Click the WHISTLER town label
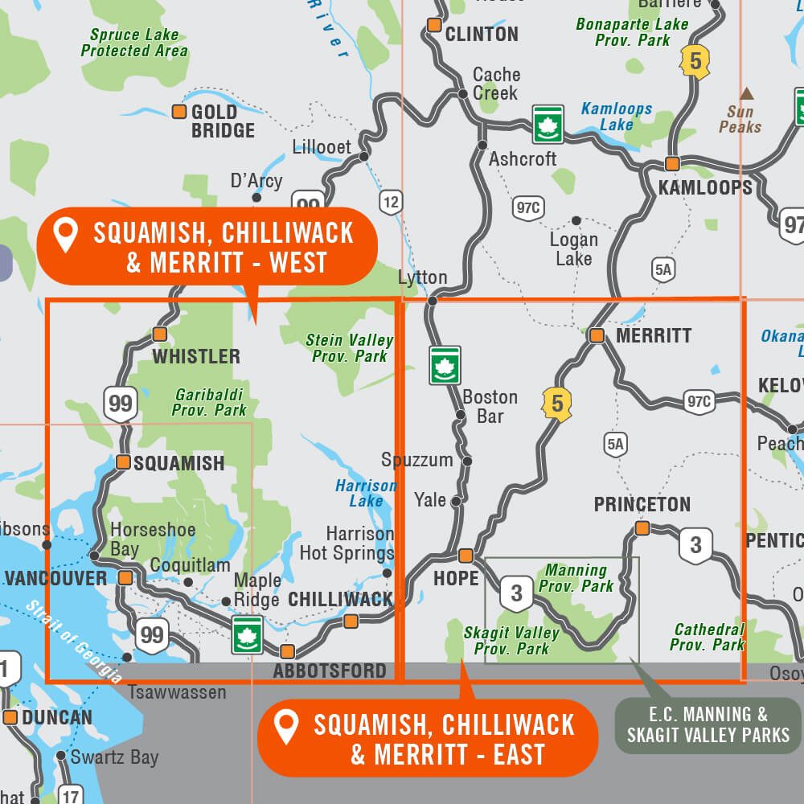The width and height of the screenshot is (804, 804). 196,356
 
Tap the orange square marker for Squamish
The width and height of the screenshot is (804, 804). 123,461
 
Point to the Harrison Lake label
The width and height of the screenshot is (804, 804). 366,493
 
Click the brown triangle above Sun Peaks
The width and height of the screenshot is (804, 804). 747,92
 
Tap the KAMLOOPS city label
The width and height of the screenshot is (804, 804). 705,187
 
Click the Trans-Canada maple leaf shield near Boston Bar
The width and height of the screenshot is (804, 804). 445,365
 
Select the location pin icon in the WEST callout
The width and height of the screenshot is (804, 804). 65,236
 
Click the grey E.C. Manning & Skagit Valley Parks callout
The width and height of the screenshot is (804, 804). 708,724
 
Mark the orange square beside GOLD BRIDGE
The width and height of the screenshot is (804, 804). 179,112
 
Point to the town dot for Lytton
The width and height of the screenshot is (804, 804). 432,301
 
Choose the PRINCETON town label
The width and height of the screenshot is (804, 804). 642,504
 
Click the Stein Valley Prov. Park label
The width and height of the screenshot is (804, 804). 349,348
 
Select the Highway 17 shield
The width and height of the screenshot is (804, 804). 71,795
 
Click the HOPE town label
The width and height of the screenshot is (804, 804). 456,579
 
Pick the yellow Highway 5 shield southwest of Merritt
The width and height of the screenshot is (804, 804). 557,404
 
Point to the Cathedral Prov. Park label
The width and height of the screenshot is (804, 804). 708,637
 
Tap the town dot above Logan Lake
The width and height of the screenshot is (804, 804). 576,220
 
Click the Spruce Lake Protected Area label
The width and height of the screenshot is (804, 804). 134,43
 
